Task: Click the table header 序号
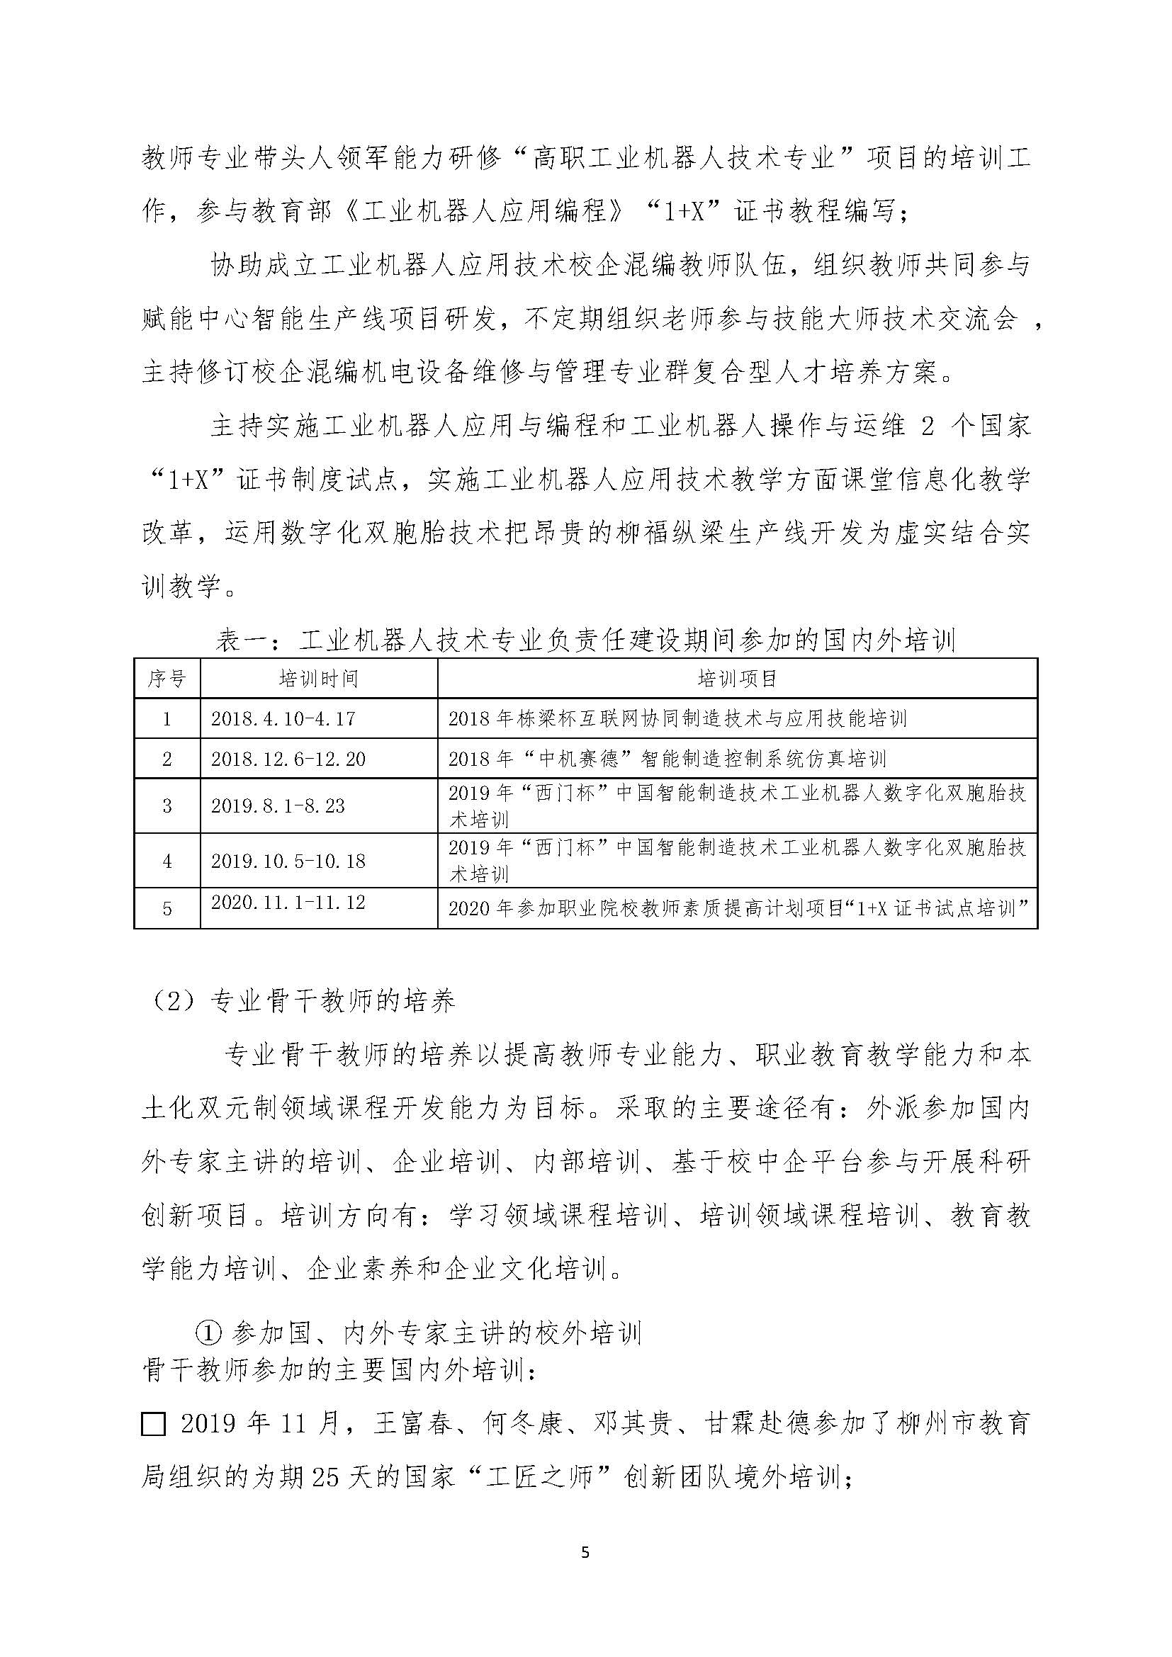coord(167,679)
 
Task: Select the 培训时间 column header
coord(318,679)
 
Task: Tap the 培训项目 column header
coord(737,679)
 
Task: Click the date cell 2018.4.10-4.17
coord(283,719)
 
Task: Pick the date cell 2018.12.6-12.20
coord(288,759)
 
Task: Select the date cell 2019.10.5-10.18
coord(288,861)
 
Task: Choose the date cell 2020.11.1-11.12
coord(288,903)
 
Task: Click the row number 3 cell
coord(167,806)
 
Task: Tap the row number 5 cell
coord(167,909)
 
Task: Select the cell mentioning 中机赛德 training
coord(667,759)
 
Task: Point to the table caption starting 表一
coord(585,640)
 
